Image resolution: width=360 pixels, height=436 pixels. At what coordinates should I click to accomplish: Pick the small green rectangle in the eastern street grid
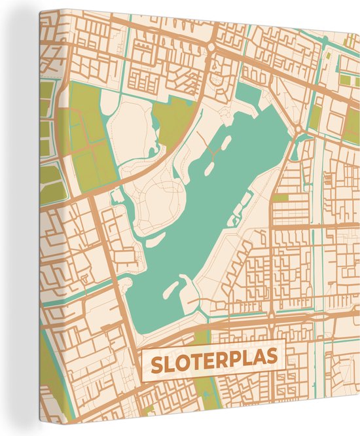coord(281,197)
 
